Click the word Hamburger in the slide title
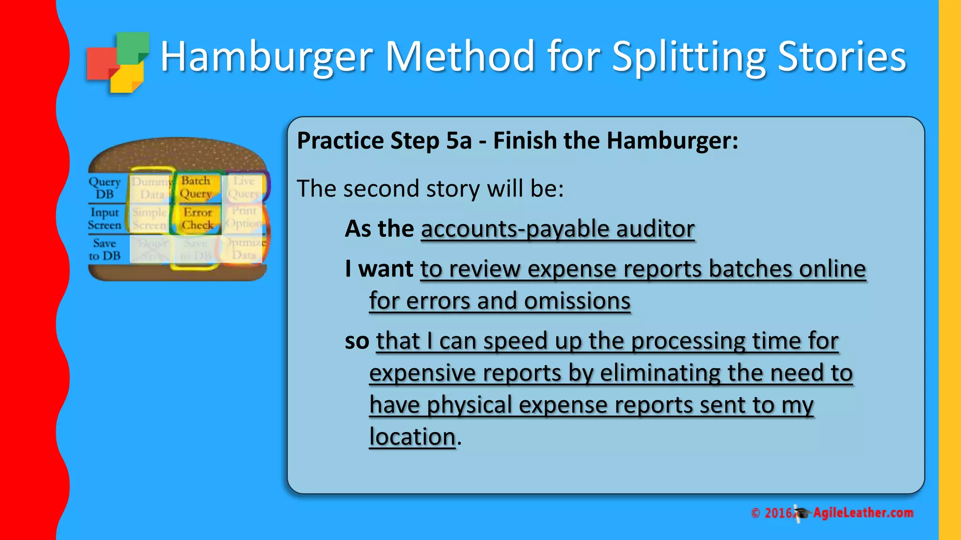[267, 57]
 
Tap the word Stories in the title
[842, 57]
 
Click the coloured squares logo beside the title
[118, 63]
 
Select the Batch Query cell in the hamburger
[196, 187]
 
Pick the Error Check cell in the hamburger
[197, 219]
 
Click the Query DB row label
[105, 187]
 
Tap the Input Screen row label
[105, 219]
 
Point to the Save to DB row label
[105, 249]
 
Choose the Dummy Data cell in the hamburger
[152, 187]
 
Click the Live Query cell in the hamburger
[244, 187]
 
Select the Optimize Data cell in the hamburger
[244, 249]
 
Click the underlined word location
[412, 437]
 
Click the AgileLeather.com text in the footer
[863, 513]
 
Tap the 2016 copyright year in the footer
[778, 513]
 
